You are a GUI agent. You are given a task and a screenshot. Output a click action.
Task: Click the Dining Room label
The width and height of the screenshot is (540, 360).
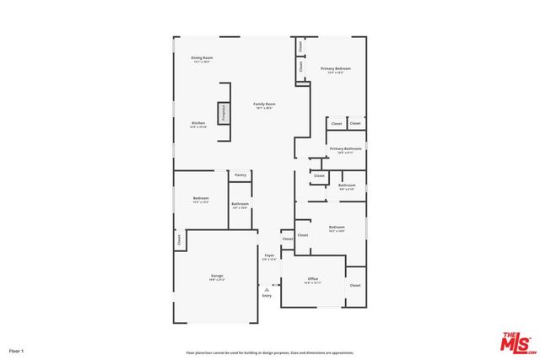202,59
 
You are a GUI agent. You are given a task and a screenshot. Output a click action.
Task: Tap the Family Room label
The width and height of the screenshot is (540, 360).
266,105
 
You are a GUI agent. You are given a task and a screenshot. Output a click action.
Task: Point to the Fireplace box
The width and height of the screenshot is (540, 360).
224,112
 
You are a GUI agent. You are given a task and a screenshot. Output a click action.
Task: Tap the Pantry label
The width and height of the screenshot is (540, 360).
240,175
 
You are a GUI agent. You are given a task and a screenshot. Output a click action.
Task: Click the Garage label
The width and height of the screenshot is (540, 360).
217,277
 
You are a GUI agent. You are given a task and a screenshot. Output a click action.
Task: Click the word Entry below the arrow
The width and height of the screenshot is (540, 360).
267,296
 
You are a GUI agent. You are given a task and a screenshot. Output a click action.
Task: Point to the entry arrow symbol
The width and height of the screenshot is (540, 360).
267,288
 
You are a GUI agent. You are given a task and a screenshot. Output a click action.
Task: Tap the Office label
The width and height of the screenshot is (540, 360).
312,279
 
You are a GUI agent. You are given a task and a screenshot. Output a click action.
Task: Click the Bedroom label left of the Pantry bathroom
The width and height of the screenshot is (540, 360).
201,199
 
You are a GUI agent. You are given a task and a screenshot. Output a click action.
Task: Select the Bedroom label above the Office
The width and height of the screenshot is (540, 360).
337,228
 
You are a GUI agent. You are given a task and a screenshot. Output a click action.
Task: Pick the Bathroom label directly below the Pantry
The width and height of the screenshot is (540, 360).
240,204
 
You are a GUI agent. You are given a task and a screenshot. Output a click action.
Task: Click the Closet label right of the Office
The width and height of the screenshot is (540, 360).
355,286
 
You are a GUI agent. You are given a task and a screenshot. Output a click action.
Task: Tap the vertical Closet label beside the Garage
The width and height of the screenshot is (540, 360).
180,240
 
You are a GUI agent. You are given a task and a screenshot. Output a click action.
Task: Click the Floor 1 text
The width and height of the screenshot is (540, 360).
17,350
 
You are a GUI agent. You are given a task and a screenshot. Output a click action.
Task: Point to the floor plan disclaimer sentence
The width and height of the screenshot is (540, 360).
270,352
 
